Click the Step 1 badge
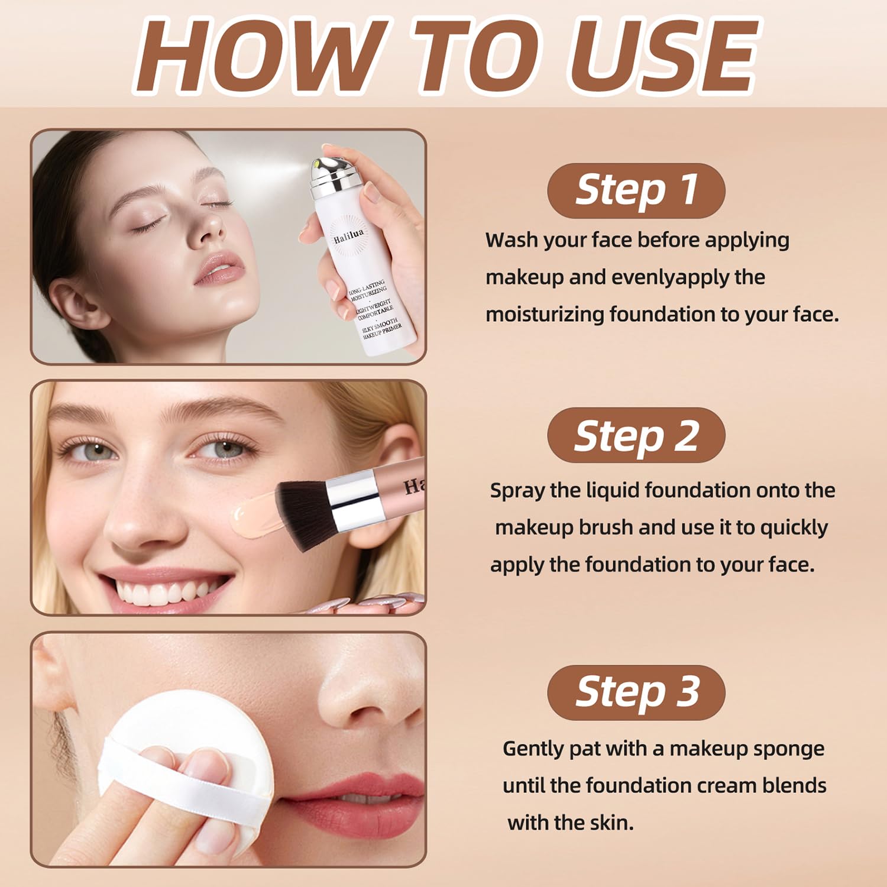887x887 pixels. click(x=636, y=190)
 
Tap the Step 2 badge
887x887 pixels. click(x=636, y=436)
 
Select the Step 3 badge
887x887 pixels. click(x=636, y=692)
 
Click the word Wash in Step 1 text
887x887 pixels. click(x=512, y=240)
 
